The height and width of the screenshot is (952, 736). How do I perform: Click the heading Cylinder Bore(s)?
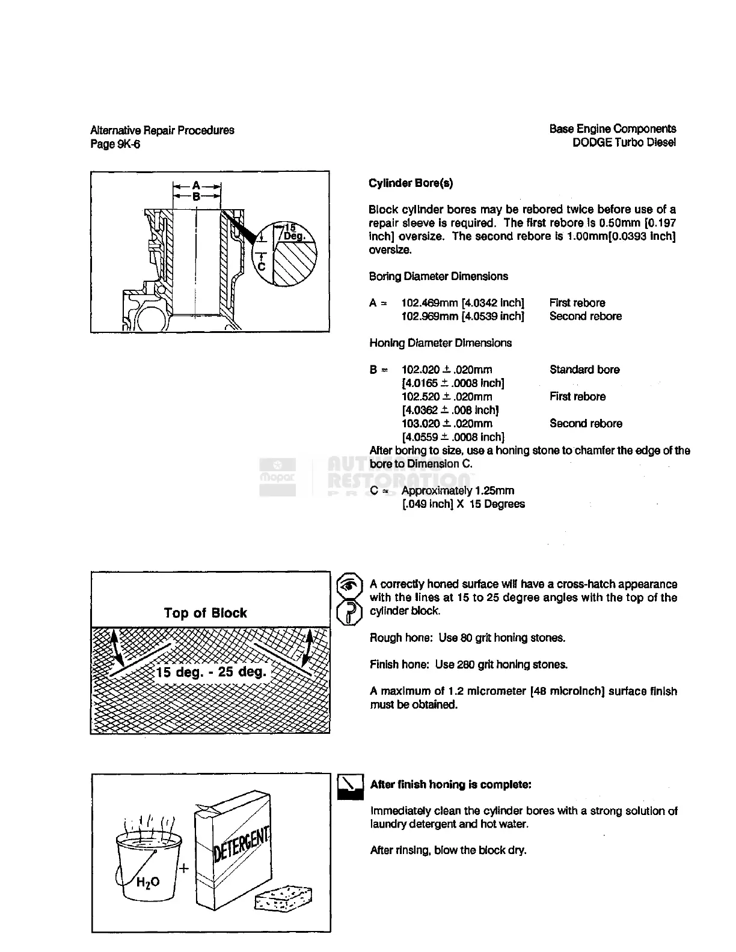click(411, 183)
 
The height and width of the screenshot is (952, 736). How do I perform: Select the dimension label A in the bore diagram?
click(197, 186)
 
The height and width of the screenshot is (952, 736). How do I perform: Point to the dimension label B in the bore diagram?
click(197, 196)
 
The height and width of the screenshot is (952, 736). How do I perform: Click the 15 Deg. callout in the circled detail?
click(293, 232)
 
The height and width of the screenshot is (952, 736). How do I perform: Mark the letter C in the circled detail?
click(261, 267)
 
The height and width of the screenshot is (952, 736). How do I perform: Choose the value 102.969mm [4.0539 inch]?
click(462, 316)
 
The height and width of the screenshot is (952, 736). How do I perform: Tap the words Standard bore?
click(584, 370)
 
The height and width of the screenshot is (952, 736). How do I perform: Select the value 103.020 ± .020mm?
click(447, 424)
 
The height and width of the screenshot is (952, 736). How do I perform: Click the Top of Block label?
click(206, 613)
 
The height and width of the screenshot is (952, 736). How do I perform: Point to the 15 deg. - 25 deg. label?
click(211, 671)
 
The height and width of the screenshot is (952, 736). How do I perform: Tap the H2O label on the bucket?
click(148, 882)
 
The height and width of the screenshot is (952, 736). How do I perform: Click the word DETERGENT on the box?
click(242, 844)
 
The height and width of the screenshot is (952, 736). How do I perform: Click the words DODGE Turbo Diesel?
click(624, 142)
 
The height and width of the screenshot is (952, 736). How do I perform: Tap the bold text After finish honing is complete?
click(450, 784)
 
